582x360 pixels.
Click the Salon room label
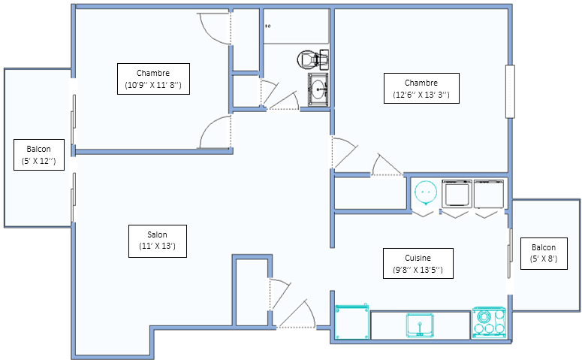(158, 241)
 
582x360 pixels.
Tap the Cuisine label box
(418, 263)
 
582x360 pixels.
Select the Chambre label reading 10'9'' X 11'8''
(153, 79)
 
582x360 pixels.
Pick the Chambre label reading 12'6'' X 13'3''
(421, 89)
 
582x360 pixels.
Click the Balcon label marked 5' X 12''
(39, 155)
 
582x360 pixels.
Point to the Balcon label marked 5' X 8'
(544, 253)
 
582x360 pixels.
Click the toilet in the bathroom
(313, 59)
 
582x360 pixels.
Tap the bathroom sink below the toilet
(318, 89)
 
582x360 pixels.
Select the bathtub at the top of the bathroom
(296, 26)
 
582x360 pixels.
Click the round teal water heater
(425, 192)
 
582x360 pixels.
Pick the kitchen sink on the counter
(420, 325)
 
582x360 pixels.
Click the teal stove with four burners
(489, 322)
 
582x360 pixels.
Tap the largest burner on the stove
(484, 317)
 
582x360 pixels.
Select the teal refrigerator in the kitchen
(352, 322)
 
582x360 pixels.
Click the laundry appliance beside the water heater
(457, 194)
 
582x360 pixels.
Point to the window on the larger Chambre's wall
(510, 92)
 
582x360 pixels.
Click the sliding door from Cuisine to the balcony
(510, 253)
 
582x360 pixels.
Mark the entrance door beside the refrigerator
(296, 314)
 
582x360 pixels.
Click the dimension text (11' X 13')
(158, 246)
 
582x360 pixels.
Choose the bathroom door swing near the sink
(284, 100)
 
